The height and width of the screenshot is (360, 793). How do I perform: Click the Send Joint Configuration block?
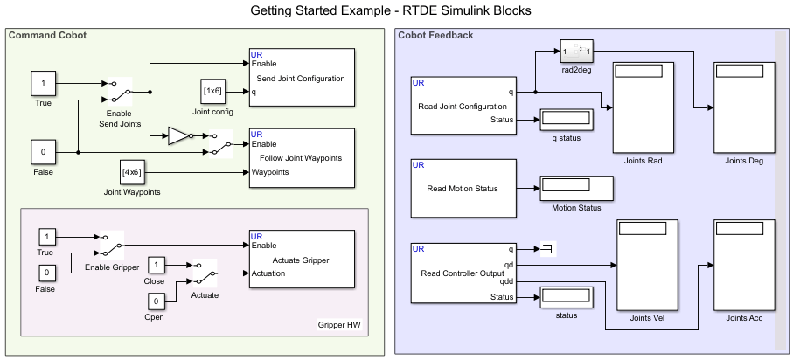[301, 78]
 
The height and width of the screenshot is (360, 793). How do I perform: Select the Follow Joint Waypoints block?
[301, 158]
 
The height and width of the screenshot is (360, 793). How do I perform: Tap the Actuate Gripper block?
[301, 260]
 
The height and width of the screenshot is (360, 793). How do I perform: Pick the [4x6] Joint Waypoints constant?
[132, 172]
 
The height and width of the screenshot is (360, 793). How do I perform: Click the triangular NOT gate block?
[178, 135]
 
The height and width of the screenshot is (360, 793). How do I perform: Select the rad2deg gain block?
[577, 52]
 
